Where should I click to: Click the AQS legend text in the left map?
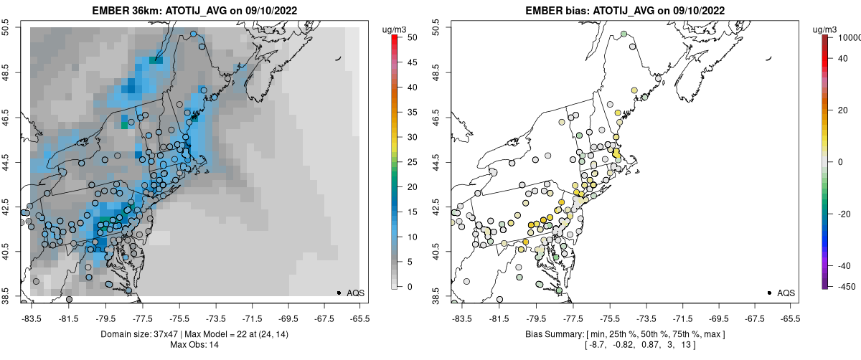click(355, 293)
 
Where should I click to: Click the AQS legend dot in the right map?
click(769, 293)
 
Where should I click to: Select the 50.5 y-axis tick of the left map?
click(9, 27)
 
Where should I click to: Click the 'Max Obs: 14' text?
click(194, 345)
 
